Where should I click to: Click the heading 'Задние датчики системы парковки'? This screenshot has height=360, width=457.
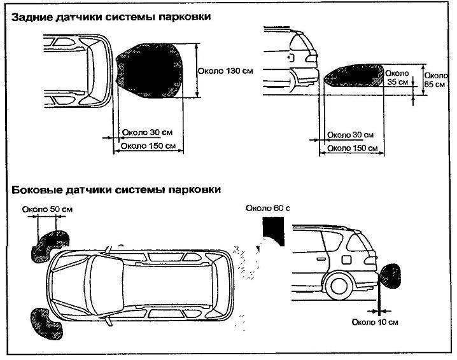pyautogui.click(x=109, y=18)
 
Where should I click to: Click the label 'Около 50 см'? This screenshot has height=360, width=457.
pyautogui.click(x=48, y=209)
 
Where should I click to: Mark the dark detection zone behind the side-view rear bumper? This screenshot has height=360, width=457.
pyautogui.click(x=354, y=78)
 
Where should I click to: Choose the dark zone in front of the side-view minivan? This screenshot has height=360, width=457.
pyautogui.click(x=393, y=275)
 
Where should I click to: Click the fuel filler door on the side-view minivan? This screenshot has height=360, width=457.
pyautogui.click(x=346, y=260)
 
